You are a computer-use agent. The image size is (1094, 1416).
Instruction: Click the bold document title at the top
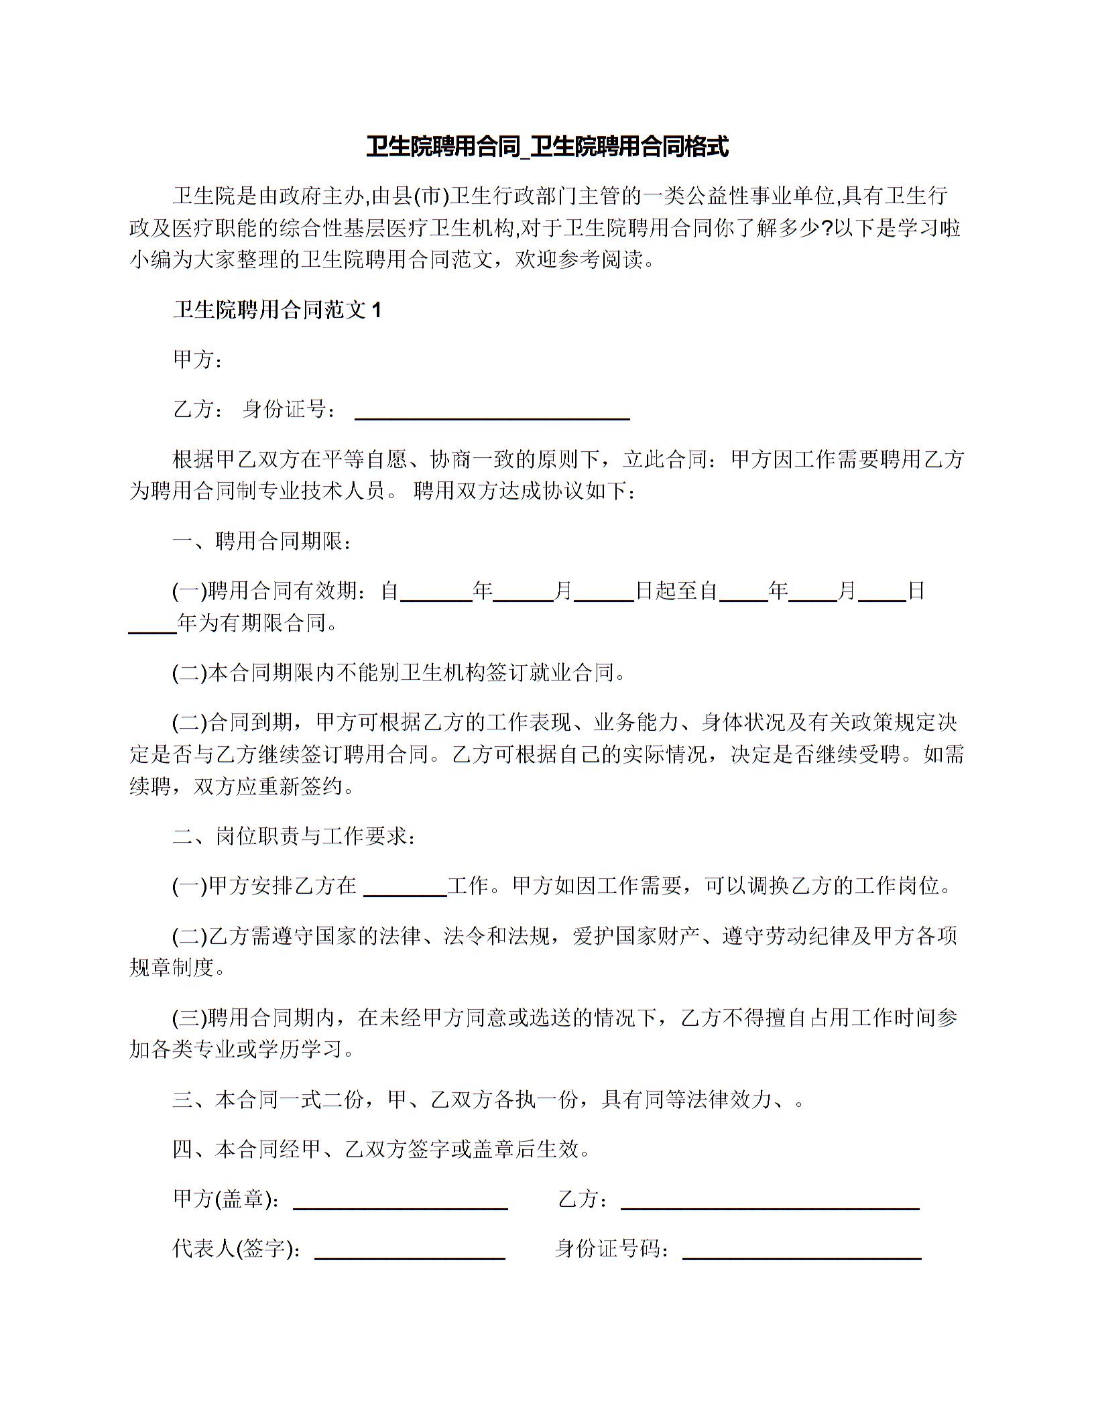[x=547, y=146]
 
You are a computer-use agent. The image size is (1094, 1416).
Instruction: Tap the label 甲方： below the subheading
[x=198, y=359]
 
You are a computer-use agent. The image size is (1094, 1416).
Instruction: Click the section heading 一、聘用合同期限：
[x=261, y=541]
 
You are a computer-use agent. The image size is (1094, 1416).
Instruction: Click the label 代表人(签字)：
[x=237, y=1248]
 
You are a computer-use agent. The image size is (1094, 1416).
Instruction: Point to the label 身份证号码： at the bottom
[x=612, y=1248]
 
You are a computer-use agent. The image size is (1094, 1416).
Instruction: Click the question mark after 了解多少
[x=827, y=228]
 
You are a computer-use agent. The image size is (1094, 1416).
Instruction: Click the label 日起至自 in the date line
[x=676, y=591]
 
